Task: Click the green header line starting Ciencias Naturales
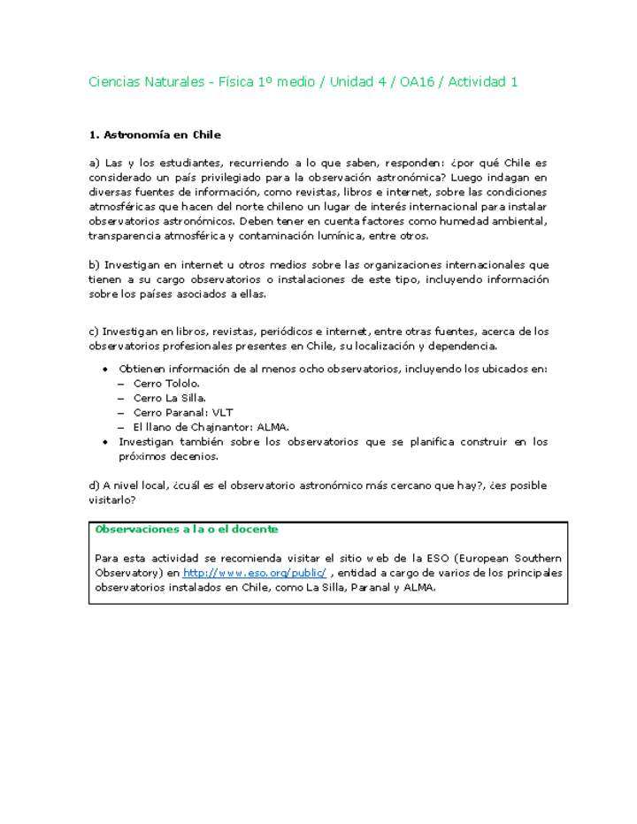point(303,82)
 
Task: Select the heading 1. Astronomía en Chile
point(155,135)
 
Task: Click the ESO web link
point(254,573)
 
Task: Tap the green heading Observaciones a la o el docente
point(186,529)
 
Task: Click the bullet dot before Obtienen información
point(106,370)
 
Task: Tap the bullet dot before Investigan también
point(106,441)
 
